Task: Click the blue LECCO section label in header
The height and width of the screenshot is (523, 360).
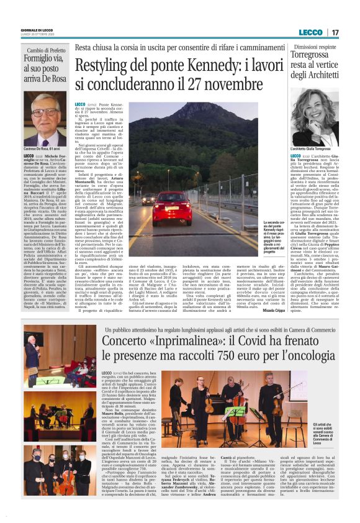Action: pyautogui.click(x=310, y=32)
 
